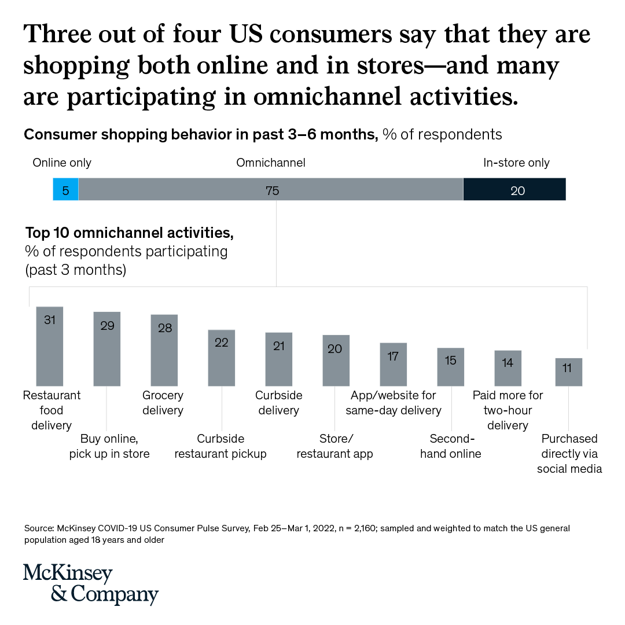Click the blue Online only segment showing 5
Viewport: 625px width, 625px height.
[x=65, y=190]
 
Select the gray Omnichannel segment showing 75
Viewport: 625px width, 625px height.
[x=271, y=190]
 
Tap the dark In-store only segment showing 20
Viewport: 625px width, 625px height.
[x=514, y=190]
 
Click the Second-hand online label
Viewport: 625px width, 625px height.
[x=451, y=446]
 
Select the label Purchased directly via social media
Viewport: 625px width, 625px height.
[x=569, y=454]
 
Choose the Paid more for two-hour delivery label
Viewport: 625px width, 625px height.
[x=508, y=410]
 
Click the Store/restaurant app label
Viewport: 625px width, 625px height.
[x=334, y=446]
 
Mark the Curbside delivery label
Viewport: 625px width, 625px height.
[x=278, y=403]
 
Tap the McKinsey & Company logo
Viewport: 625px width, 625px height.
[x=91, y=583]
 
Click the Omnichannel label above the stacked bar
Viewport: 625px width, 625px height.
[x=270, y=163]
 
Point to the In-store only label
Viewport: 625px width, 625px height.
[x=516, y=163]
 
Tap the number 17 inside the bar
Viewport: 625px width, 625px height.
[x=393, y=356]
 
